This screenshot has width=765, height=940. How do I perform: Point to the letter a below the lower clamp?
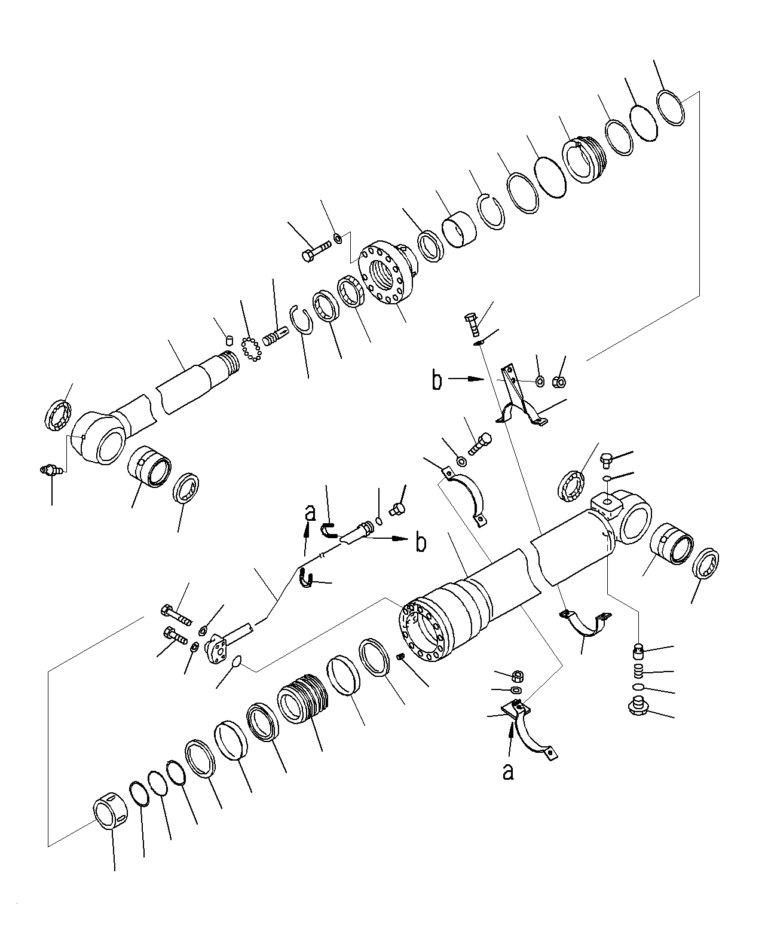pyautogui.click(x=508, y=772)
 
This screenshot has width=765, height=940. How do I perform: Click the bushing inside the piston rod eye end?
pyautogui.click(x=150, y=466)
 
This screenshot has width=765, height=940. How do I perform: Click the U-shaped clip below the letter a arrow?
pyautogui.click(x=306, y=579)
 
